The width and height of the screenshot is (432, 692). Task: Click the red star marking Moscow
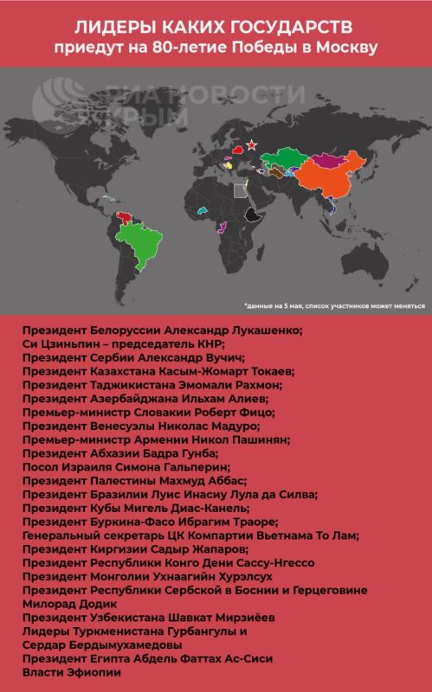[x=251, y=144]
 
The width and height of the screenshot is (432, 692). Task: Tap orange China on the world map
[x=325, y=183]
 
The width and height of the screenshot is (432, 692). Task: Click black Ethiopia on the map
[x=253, y=215]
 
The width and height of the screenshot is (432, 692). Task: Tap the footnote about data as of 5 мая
[x=333, y=305]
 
